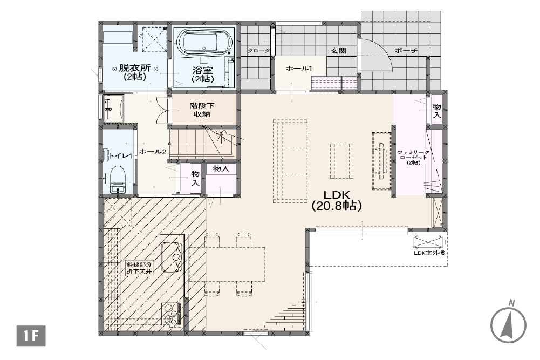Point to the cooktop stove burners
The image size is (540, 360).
pos(171,314)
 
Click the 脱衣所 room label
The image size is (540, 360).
pos(135,72)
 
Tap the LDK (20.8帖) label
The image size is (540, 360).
pos(336,200)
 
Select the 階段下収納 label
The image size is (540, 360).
pos(202,110)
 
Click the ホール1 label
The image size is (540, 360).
pos(299,69)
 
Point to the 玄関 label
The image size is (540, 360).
pos(338,51)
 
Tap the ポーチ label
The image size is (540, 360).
pos(406,51)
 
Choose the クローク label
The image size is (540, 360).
pos(258,51)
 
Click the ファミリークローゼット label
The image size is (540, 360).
pos(413,157)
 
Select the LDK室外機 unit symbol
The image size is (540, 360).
pos(428,241)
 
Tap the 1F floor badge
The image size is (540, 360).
pos(31,336)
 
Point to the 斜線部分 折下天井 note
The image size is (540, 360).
pos(139,268)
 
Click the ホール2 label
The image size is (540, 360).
pos(153,151)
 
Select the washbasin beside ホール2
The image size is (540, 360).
pos(113,108)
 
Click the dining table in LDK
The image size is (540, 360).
pos(227,264)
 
